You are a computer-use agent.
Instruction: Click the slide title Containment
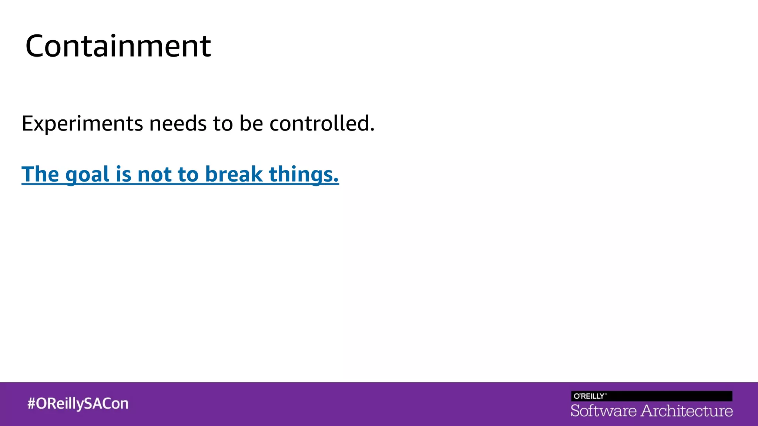coord(118,46)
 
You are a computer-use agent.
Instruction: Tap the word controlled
coord(319,124)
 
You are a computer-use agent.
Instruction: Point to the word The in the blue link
coord(40,174)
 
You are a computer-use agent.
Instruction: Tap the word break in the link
coord(234,174)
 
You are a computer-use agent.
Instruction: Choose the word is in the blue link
coord(124,174)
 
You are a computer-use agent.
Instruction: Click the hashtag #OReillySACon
coord(78,403)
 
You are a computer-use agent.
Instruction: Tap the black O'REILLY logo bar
coord(651,396)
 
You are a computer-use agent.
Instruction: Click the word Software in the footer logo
coord(604,411)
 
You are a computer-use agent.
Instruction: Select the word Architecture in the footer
coord(687,411)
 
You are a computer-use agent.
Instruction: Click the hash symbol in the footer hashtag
coord(31,403)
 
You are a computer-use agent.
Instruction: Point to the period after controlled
coord(372,130)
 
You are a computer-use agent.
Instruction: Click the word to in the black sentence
coord(223,124)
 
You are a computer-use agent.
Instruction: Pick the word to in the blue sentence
coord(188,175)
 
